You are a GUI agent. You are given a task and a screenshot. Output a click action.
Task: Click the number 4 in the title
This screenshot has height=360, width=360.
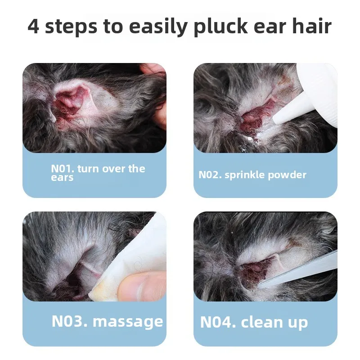pyautogui.click(x=34, y=27)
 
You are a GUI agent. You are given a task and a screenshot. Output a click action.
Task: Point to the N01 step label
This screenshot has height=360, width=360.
pyautogui.click(x=62, y=169)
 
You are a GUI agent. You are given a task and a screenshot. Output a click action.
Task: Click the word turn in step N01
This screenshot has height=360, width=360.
pyautogui.click(x=88, y=169)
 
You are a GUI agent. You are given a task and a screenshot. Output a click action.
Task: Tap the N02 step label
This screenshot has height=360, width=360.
pyautogui.click(x=210, y=175)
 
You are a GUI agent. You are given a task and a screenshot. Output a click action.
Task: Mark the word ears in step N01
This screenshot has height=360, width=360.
pyautogui.click(x=62, y=178)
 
